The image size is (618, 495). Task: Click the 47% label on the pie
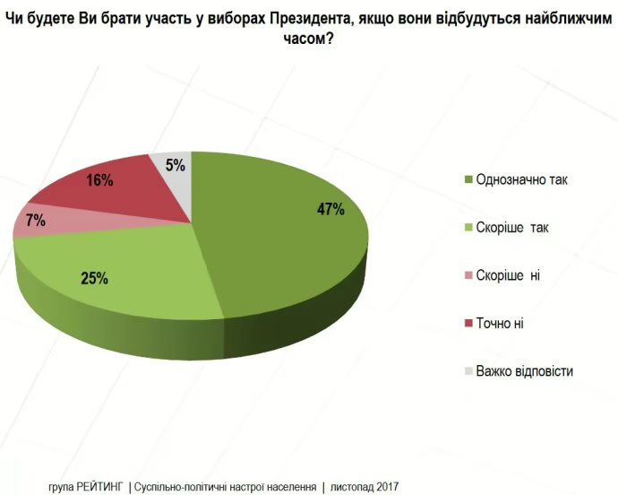click(x=330, y=209)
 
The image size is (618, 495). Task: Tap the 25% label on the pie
click(x=94, y=278)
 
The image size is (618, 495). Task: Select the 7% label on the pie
click(x=36, y=221)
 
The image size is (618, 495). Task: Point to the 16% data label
click(x=99, y=180)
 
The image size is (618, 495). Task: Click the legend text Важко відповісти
click(x=525, y=370)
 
